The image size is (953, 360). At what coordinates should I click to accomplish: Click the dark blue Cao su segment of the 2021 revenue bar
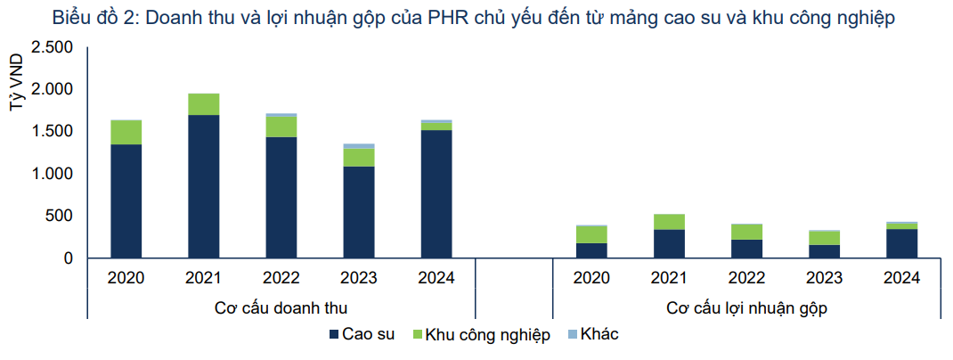coord(203,186)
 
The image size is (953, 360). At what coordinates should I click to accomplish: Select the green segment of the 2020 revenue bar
coord(126,132)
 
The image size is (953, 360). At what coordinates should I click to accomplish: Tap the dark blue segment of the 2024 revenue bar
coord(436,194)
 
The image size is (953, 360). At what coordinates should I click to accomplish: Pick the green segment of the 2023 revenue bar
coord(359,157)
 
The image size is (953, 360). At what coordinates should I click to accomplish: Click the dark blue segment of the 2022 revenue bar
coord(281,197)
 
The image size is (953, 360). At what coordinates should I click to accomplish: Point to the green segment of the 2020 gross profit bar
coord(591,234)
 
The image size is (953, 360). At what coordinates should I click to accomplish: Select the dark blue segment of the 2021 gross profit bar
coord(669,243)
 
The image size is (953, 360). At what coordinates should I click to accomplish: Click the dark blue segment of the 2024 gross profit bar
coord(901,243)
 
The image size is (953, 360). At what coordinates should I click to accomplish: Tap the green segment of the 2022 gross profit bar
coord(746,232)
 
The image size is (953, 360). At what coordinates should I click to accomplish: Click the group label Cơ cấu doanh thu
coord(281,308)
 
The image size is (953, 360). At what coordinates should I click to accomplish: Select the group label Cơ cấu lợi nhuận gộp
coord(745,308)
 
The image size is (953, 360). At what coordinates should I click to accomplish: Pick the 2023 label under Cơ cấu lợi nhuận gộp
coord(824,278)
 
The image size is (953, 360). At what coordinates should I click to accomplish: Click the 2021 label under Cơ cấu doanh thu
coord(203,278)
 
